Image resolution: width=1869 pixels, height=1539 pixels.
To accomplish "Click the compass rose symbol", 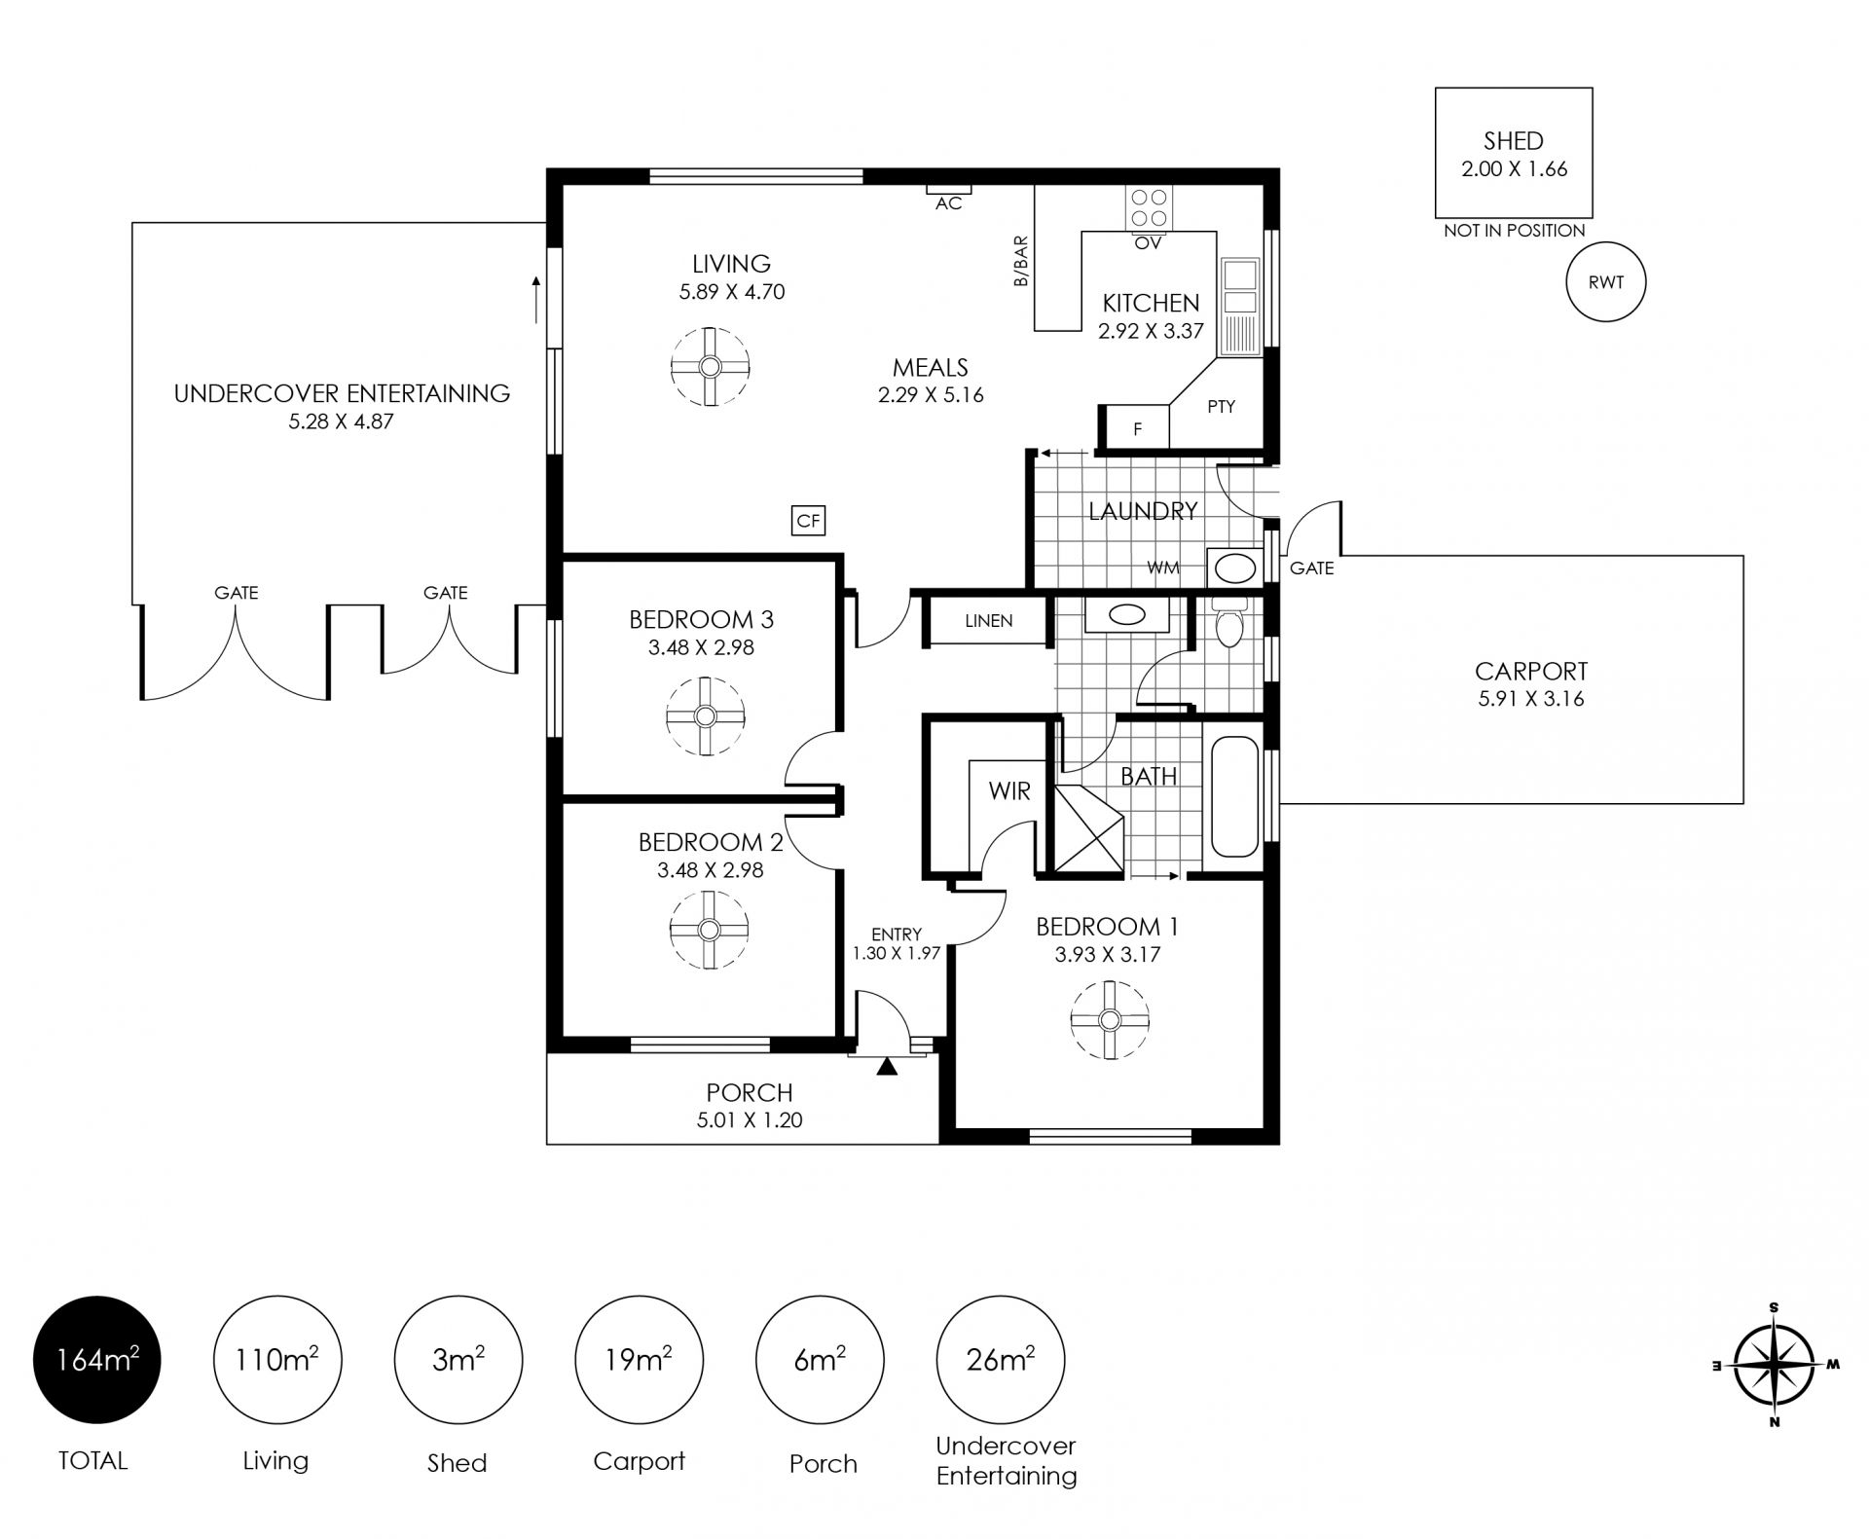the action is (x=1775, y=1365).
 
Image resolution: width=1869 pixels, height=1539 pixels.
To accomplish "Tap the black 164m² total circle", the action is (x=96, y=1360).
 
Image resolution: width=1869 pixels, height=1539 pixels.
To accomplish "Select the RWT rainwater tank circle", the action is (x=1605, y=282).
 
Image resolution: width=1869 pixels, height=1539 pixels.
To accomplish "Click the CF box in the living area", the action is (x=809, y=521).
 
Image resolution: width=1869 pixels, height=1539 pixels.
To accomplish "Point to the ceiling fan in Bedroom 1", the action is (x=1109, y=1019).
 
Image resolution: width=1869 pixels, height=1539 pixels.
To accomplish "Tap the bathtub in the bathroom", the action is (x=1233, y=797).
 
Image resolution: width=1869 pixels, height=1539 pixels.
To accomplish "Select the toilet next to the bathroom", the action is (x=1228, y=621).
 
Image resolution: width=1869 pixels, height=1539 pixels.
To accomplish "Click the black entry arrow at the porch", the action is (x=886, y=1066).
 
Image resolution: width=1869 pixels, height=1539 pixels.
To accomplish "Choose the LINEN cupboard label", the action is (x=989, y=620).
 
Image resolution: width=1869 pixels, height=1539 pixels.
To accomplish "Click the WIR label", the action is (x=1009, y=791).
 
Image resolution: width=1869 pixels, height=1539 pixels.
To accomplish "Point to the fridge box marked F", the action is (x=1137, y=428).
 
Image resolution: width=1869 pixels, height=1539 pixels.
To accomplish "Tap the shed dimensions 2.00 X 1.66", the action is (x=1515, y=169).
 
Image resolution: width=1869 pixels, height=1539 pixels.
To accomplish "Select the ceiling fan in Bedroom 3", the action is (x=706, y=716).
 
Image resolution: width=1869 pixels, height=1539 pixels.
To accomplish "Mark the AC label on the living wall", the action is (x=948, y=203).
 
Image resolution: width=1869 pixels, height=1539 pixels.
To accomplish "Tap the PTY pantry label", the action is (x=1221, y=407).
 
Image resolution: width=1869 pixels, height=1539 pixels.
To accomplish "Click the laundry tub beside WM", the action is (x=1234, y=568).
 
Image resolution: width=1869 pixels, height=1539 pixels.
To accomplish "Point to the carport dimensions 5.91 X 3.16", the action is (x=1531, y=699).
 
